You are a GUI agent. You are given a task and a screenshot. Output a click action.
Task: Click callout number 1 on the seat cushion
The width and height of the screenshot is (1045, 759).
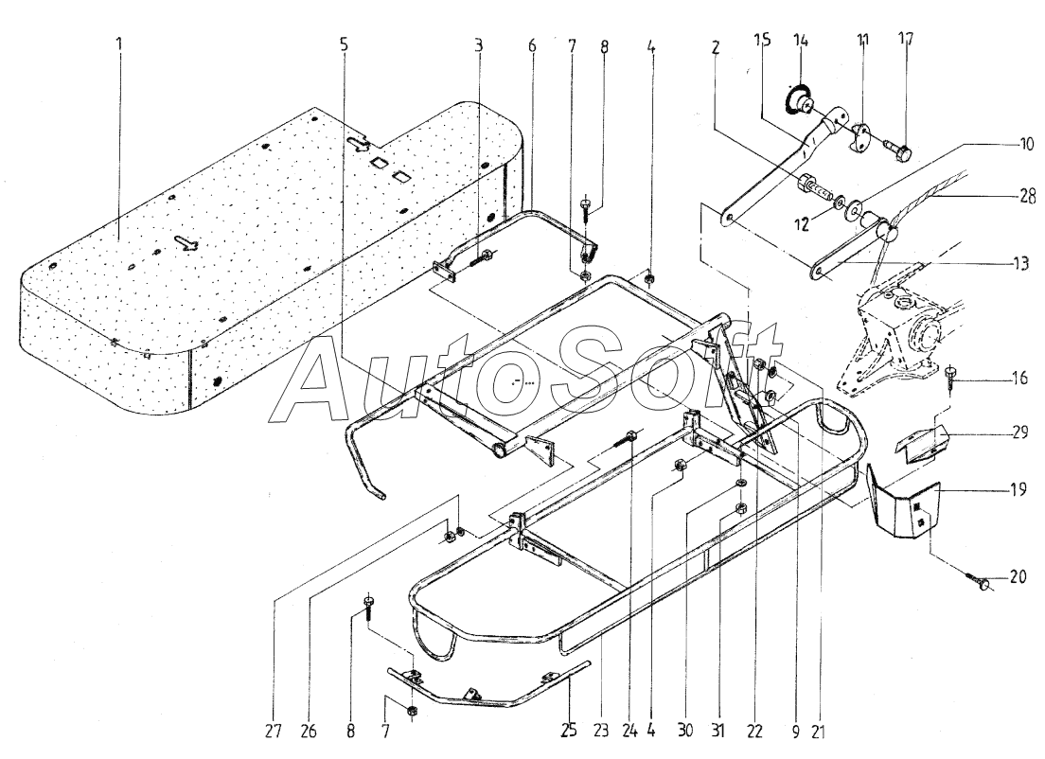click(118, 44)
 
